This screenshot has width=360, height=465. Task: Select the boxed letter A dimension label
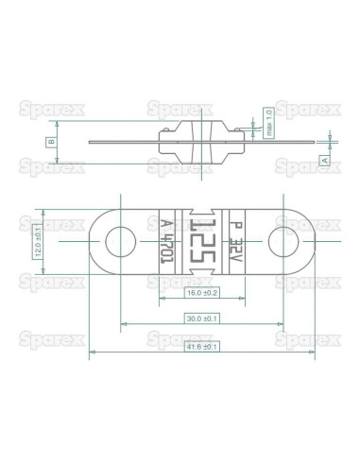[325, 161]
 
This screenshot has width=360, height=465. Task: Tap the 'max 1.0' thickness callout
[269, 123]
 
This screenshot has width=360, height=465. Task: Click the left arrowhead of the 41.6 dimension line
[92, 354]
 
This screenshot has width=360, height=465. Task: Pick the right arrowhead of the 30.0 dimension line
[283, 327]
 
